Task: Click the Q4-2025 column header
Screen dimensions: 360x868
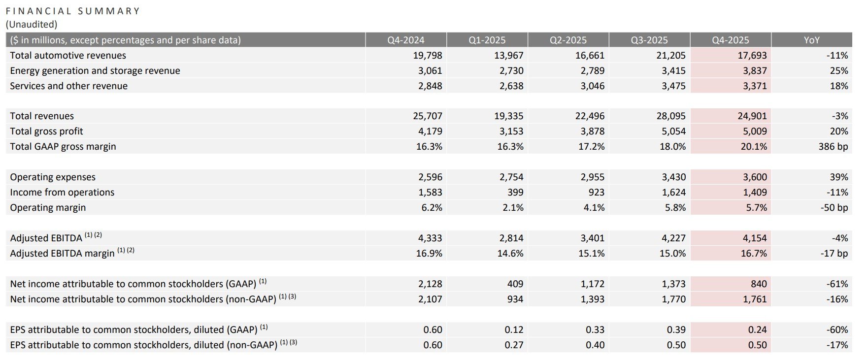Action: click(730, 40)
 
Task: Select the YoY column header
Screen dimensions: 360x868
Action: click(811, 40)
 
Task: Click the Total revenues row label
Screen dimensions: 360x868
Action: click(42, 116)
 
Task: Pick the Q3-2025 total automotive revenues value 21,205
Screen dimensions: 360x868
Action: click(671, 55)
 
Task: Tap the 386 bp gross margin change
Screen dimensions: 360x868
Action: click(833, 146)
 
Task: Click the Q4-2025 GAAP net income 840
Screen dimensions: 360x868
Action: click(759, 284)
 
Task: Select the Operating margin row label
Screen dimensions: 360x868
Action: click(48, 207)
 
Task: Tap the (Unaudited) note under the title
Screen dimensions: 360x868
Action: click(32, 24)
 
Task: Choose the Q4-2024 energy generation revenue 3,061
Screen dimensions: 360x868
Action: click(430, 70)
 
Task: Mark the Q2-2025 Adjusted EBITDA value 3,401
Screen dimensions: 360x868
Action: click(592, 238)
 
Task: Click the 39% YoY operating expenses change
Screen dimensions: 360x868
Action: click(838, 177)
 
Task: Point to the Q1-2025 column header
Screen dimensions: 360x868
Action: click(487, 40)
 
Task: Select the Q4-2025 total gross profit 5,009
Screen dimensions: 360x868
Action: click(755, 131)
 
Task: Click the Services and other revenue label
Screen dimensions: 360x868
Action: click(68, 86)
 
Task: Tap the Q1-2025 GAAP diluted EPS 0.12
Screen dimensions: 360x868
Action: click(514, 329)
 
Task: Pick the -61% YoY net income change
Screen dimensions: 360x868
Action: click(837, 284)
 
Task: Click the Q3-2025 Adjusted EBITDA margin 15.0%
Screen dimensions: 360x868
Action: click(672, 253)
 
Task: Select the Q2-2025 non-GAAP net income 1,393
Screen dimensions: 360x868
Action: click(592, 299)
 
